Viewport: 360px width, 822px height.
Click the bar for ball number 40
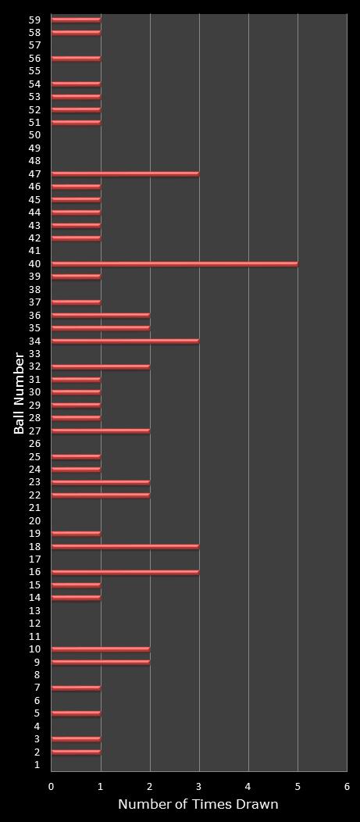tap(174, 264)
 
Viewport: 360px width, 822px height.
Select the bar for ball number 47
tap(125, 174)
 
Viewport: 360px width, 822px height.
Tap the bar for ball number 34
tap(125, 341)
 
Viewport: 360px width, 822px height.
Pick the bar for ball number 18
tap(125, 546)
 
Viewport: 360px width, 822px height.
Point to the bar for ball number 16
tap(125, 572)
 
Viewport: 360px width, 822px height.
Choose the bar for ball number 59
tap(76, 20)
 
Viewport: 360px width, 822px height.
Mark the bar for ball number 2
tap(76, 752)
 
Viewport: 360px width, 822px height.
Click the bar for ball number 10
tap(100, 649)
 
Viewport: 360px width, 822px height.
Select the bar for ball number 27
tap(100, 431)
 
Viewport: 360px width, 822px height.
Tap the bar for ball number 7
tap(76, 688)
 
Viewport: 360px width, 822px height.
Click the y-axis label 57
tap(34, 45)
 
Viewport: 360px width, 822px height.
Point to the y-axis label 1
tap(37, 765)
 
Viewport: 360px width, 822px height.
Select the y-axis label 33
tap(34, 353)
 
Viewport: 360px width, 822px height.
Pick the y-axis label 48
tap(34, 161)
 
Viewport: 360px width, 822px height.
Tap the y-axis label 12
tap(34, 624)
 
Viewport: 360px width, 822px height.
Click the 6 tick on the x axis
tap(346, 787)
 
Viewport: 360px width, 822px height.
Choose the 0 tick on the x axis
tap(52, 787)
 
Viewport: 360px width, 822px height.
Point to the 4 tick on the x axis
tap(248, 787)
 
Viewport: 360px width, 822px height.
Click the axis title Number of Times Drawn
tap(198, 804)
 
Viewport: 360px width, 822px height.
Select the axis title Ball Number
tap(20, 393)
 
